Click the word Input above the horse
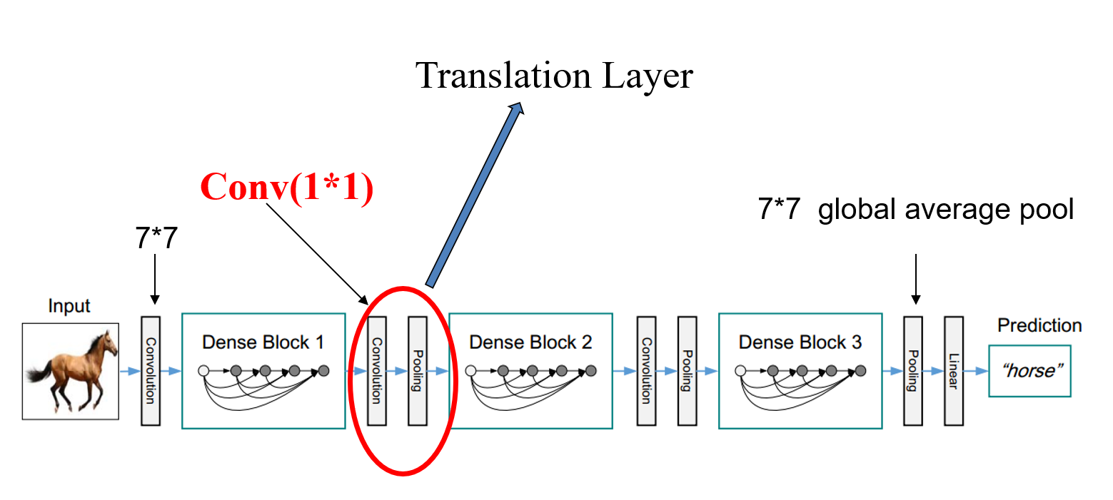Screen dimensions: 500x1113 pos(69,306)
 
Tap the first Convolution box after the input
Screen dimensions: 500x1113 pos(151,371)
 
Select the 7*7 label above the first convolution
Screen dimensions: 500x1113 pos(155,240)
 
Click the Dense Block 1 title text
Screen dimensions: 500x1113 pos(263,342)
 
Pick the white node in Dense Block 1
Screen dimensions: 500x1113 pos(203,371)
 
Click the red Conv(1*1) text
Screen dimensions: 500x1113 pos(287,188)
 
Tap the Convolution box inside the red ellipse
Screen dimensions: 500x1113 pos(376,371)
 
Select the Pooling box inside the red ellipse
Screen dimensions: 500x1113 pos(417,371)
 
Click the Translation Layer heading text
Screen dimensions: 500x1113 pos(554,76)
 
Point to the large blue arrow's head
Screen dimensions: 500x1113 pos(517,109)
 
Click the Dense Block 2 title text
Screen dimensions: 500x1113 pos(530,342)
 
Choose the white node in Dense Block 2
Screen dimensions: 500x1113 pos(471,371)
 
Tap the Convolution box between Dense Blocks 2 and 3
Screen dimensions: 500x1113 pos(646,371)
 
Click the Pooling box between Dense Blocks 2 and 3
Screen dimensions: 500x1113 pos(687,371)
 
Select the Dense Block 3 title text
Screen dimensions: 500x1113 pos(800,342)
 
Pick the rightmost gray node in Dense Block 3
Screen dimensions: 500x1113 pos(860,371)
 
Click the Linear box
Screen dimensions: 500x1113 pos(953,371)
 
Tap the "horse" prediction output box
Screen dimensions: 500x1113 pos(1030,371)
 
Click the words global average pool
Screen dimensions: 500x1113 pos(946,210)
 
